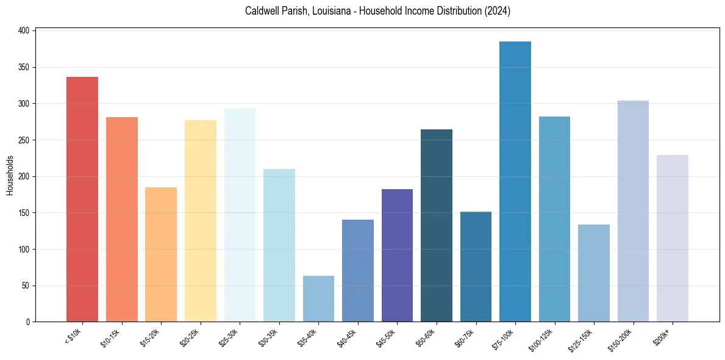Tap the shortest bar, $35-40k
click(318, 298)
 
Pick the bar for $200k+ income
click(673, 238)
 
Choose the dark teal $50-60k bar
click(437, 225)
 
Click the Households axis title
click(10, 176)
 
